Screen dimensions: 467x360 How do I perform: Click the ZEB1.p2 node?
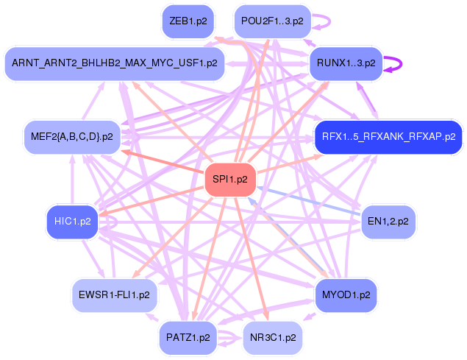click(188, 21)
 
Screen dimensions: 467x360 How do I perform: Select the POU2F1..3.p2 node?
click(272, 21)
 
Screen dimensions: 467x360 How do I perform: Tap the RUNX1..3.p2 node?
click(346, 63)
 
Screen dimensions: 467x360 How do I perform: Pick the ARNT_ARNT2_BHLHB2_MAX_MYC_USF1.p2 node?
click(115, 63)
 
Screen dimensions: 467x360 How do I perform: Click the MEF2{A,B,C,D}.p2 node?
click(72, 137)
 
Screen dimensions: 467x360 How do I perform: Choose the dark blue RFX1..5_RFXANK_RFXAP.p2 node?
click(388, 137)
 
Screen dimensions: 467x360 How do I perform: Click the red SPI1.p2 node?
click(230, 180)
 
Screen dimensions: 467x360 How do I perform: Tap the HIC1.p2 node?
click(72, 222)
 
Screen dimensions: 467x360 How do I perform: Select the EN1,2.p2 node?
click(388, 222)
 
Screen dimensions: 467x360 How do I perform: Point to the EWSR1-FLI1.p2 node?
click(115, 295)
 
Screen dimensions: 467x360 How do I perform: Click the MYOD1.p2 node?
click(346, 295)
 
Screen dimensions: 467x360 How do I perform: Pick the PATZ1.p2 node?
click(188, 338)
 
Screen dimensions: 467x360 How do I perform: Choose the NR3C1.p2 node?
click(273, 338)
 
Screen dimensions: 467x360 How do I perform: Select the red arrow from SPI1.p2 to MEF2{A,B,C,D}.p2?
click(163, 161)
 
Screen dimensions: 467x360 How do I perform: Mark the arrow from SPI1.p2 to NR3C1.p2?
click(252, 258)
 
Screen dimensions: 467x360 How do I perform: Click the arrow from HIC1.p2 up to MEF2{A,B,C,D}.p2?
click(72, 180)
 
